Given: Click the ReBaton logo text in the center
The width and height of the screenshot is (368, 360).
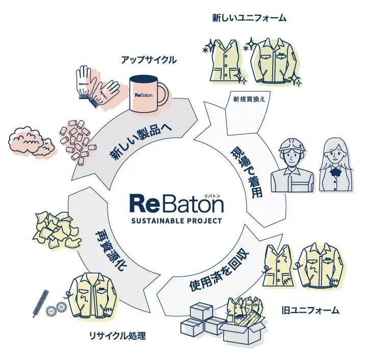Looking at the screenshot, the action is click(176, 203).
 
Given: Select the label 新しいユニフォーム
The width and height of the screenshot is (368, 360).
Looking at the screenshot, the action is click(249, 18).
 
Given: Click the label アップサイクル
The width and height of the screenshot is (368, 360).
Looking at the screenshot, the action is click(148, 60).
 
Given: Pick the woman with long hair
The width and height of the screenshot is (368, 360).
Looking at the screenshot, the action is click(335, 163).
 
